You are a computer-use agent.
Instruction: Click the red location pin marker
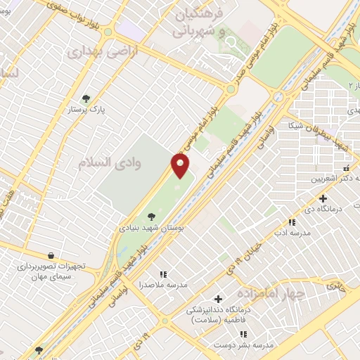[181, 166]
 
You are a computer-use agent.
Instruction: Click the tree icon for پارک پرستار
[86, 98]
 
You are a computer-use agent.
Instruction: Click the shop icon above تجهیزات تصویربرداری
[50, 255]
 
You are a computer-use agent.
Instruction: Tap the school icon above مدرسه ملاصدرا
[163, 274]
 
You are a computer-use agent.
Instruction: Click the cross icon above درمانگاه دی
[323, 198]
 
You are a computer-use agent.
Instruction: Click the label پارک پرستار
[85, 110]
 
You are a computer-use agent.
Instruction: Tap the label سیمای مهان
[51, 277]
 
